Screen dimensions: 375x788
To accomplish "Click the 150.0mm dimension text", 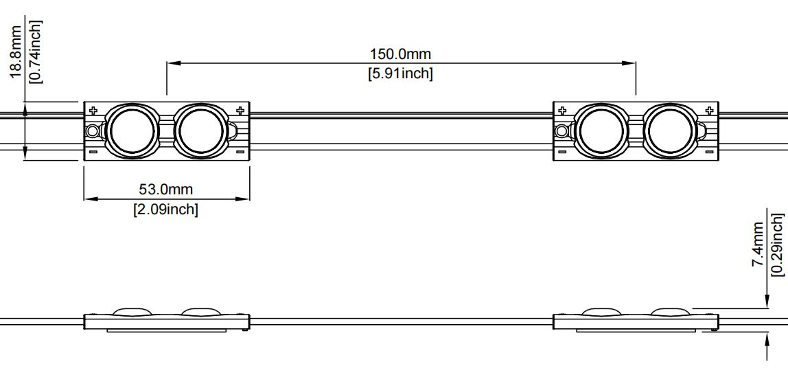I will coord(401,54).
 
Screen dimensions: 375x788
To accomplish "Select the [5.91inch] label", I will coord(401,73).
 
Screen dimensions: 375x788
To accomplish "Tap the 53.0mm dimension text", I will coord(165,190).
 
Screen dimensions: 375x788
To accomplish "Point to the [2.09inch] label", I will coord(165,209).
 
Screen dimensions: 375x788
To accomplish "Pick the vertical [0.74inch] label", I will coord(35,52).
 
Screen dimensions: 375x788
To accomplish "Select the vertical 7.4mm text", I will coord(758,245).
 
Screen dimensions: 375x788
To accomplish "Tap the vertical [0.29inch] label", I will coord(777,245).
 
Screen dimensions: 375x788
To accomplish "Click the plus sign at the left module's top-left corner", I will coord(93,110).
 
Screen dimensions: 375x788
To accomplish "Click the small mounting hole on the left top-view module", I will coord(92,131).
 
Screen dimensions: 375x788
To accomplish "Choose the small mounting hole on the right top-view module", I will coord(561,131).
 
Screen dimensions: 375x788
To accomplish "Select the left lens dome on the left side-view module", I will coord(132,312).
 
